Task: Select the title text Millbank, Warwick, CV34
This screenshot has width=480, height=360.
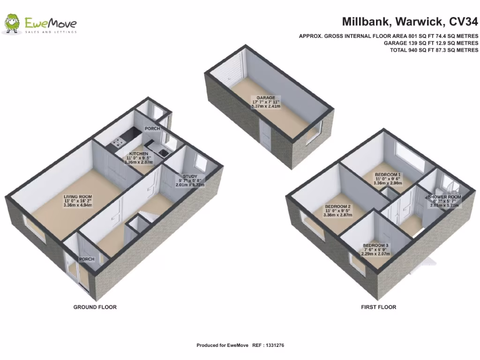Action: [x=410, y=22]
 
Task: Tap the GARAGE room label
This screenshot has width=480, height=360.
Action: [x=265, y=98]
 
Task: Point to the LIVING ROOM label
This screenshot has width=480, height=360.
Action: [x=78, y=197]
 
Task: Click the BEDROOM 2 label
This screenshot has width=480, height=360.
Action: [x=337, y=207]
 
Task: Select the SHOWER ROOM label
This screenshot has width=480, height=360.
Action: [x=444, y=197]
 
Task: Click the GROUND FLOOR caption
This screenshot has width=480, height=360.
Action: [x=95, y=307]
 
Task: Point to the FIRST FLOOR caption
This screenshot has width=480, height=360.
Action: [x=378, y=307]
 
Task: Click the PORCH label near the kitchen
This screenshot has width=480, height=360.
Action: [x=152, y=128]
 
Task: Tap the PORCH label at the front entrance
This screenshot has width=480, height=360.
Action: [x=87, y=259]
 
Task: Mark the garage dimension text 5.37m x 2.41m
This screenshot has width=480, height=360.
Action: [x=265, y=106]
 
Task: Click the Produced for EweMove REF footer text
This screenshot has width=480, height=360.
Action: [x=240, y=345]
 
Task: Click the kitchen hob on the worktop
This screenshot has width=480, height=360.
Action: [x=116, y=142]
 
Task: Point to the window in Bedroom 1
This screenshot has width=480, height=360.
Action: [x=409, y=155]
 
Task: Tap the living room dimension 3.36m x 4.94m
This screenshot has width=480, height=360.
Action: [x=78, y=207]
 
